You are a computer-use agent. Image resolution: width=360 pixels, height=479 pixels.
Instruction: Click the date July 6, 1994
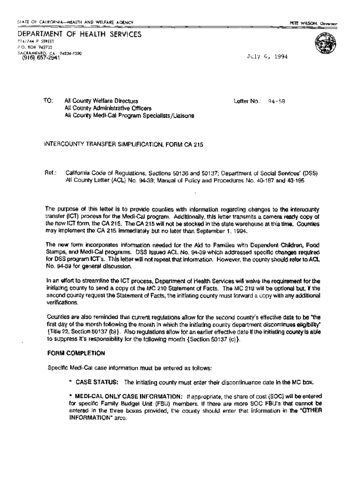click(x=267, y=57)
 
